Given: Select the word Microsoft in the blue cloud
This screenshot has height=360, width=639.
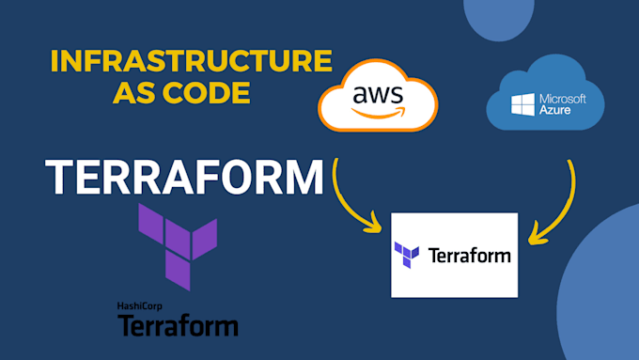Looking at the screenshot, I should tap(563, 99).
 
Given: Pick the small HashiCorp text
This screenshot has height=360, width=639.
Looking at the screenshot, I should tap(140, 306).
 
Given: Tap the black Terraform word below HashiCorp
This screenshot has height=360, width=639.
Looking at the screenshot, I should tap(178, 325).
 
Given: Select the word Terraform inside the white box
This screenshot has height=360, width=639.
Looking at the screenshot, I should tap(469, 256).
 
